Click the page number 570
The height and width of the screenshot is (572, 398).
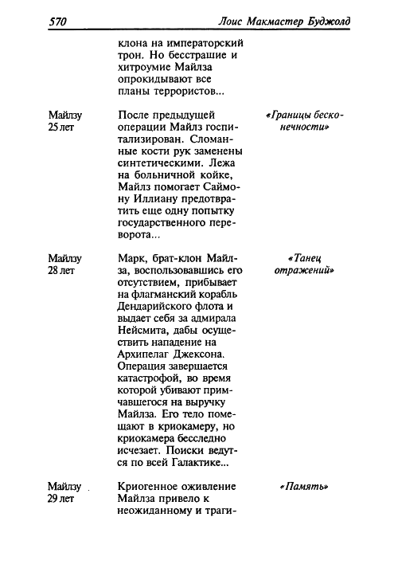(x=57, y=22)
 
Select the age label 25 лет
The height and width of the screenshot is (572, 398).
(x=60, y=127)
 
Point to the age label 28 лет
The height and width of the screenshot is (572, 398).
(x=60, y=271)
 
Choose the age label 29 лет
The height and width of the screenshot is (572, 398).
(x=60, y=499)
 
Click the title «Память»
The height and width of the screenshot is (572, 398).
(x=304, y=487)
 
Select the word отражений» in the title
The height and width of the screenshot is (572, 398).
(x=304, y=271)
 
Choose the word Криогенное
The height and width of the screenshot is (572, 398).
(x=149, y=487)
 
